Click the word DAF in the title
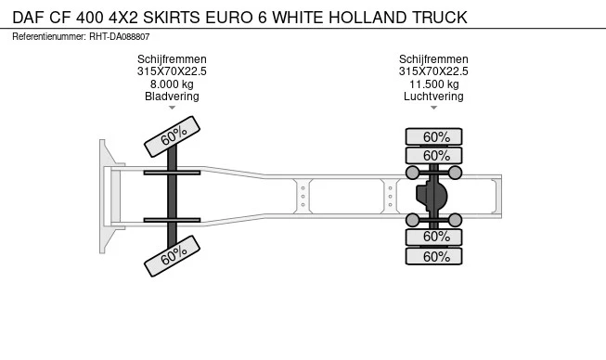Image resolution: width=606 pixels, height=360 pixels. tap(29, 18)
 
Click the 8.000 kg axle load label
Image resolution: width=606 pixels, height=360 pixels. tap(172, 84)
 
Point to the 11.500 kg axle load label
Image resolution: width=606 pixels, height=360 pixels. tap(433, 84)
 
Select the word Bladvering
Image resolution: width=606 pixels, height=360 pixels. tap(172, 96)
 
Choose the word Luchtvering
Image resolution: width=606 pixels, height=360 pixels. tap(433, 96)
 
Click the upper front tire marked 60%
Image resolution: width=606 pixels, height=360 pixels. tap(173, 136)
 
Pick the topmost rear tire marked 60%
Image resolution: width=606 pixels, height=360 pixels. tap(435, 136)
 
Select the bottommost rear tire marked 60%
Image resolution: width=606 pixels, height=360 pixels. tap(435, 256)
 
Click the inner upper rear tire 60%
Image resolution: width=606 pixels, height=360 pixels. tap(435, 156)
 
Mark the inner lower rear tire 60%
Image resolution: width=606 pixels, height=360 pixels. tap(435, 237)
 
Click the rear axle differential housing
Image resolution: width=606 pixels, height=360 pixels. tap(432, 196)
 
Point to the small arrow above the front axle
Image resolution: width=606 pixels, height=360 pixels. tap(172, 108)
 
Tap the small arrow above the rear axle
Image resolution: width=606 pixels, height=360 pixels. tap(433, 108)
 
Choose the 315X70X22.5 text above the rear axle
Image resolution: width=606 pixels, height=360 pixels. tap(433, 71)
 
